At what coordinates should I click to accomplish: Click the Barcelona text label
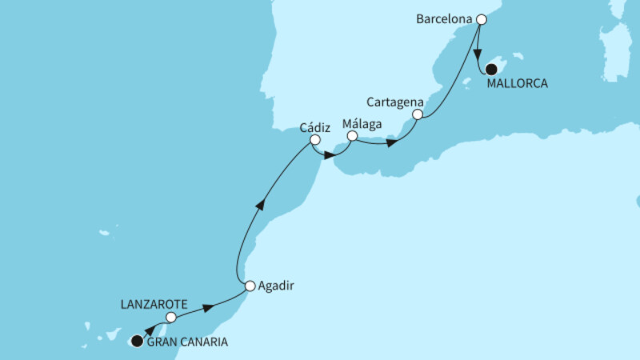click(444, 18)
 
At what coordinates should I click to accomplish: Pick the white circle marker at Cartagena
click(417, 115)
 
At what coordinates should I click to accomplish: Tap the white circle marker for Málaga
click(352, 137)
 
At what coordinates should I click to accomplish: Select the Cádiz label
click(316, 126)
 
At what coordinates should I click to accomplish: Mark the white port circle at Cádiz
click(315, 141)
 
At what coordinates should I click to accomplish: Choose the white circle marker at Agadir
click(250, 286)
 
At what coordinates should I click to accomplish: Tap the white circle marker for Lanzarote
click(170, 318)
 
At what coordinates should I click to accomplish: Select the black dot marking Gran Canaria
click(137, 342)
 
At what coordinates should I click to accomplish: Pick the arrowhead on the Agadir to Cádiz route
click(260, 206)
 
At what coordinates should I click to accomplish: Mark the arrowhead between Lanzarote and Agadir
click(208, 307)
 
